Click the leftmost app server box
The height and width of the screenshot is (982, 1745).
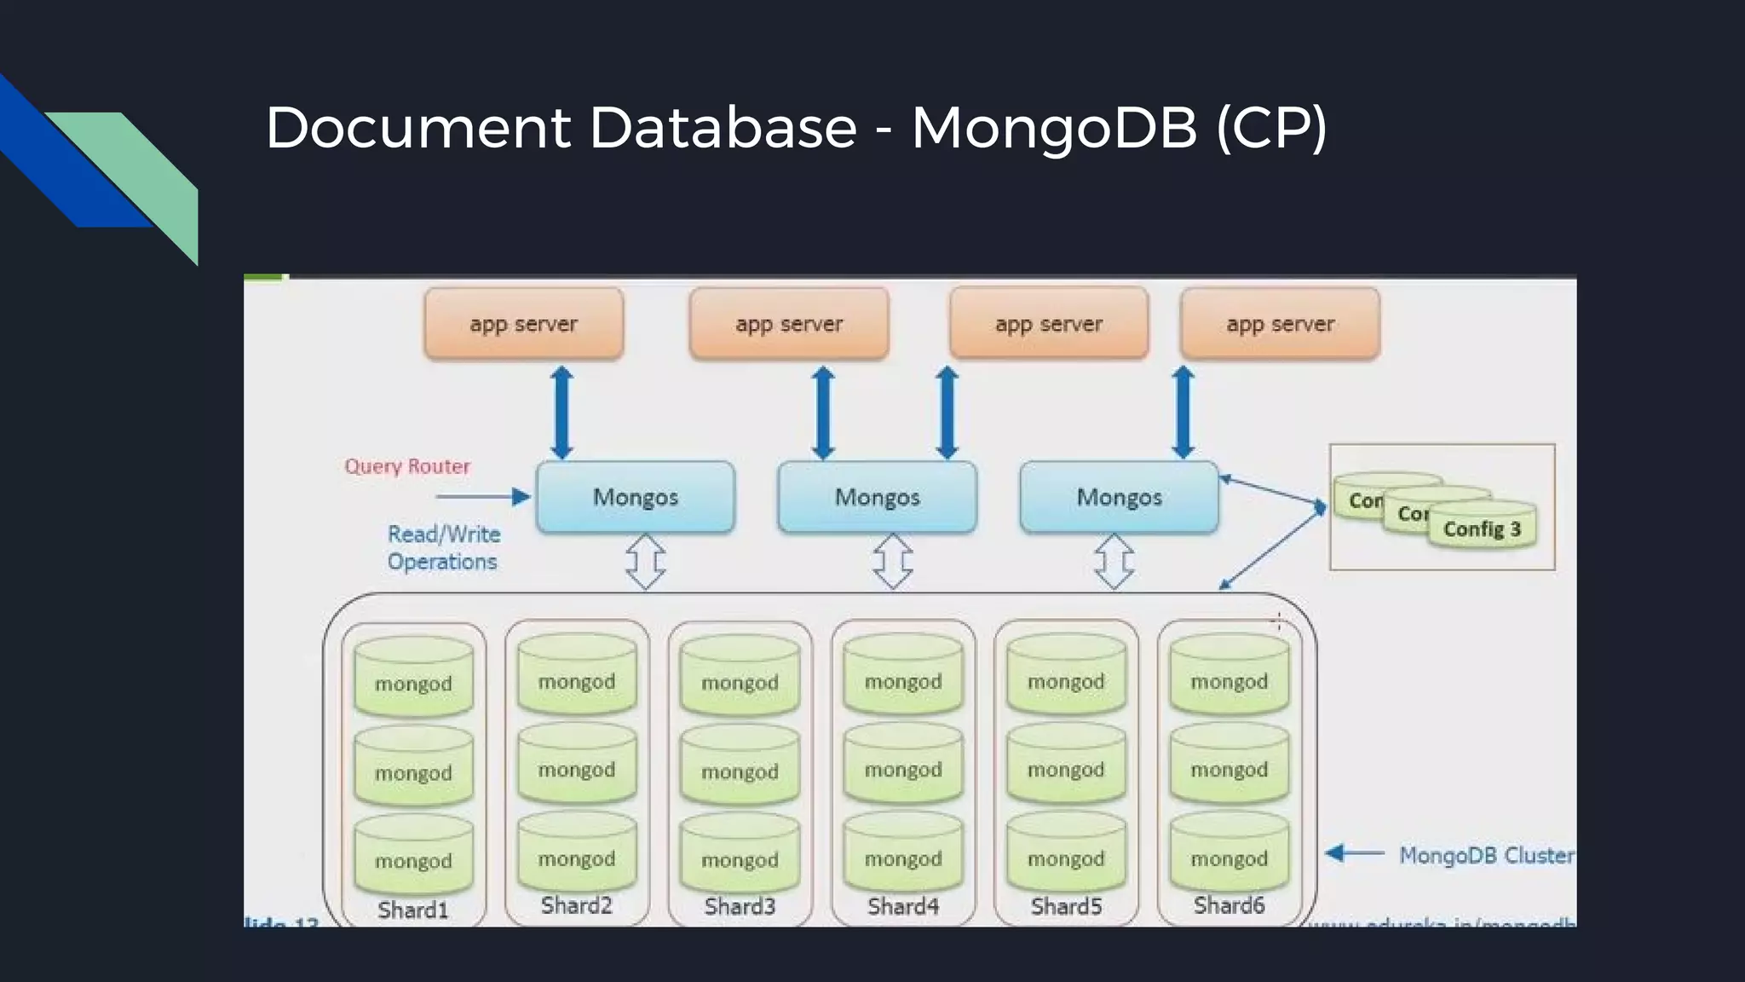click(523, 324)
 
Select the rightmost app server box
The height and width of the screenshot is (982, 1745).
click(1280, 324)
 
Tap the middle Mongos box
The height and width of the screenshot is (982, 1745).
click(877, 497)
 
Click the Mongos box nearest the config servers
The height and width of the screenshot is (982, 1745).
click(1119, 497)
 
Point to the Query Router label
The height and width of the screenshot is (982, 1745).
click(407, 466)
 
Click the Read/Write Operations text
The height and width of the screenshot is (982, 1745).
click(443, 547)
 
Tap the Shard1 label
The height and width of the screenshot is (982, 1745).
click(412, 910)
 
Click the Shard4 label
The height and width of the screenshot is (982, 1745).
click(903, 905)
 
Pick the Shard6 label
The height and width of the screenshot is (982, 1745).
click(1229, 904)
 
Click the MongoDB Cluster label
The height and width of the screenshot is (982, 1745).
click(1486, 855)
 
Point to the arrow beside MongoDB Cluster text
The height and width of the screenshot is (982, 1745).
click(1355, 853)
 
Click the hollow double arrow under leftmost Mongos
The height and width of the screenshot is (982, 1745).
click(645, 562)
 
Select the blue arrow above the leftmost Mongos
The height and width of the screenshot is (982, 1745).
click(562, 413)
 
